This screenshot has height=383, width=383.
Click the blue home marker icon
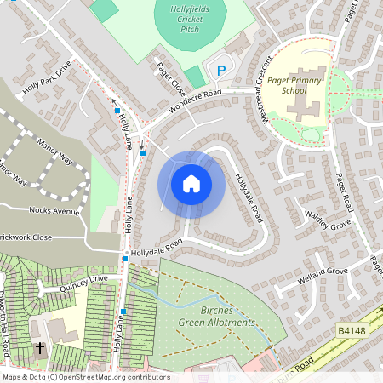[191, 184]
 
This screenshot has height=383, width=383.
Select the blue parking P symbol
[220, 71]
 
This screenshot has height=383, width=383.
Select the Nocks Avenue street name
[52, 209]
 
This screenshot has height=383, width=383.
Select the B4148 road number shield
[351, 329]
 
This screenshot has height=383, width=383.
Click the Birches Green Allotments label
[216, 317]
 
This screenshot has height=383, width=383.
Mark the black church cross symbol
[40, 348]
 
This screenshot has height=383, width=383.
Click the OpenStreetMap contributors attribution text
[85, 377]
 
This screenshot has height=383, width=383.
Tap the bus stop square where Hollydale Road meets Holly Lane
[125, 258]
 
